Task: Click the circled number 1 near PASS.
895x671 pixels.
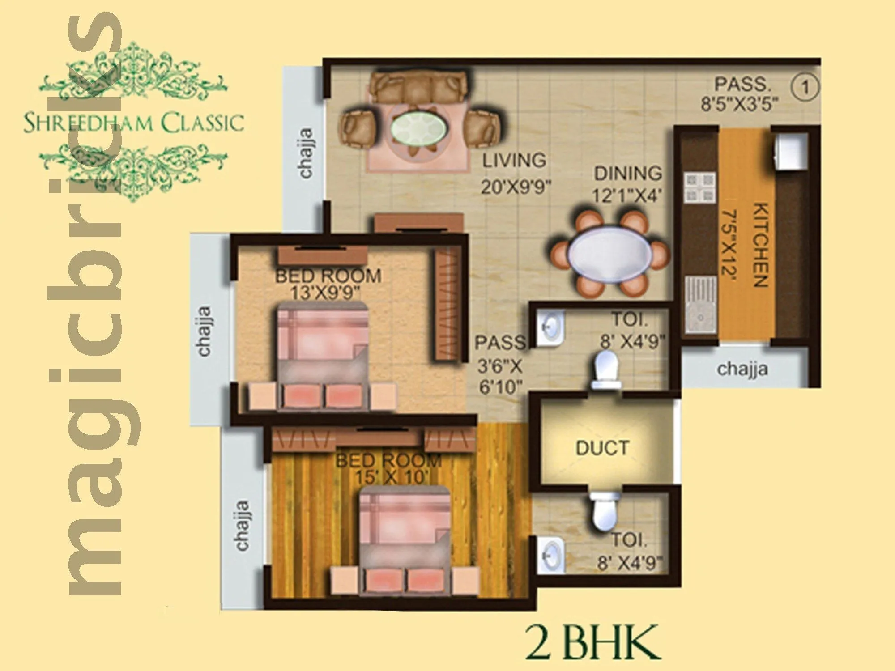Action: tap(805, 87)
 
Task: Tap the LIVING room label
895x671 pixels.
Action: tap(514, 160)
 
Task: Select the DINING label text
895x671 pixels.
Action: tap(627, 173)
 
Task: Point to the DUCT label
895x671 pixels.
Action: tap(602, 448)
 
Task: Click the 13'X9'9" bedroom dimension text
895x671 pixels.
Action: tap(325, 293)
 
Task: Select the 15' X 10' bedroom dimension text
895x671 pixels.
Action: tap(389, 477)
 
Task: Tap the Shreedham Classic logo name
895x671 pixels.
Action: tap(134, 122)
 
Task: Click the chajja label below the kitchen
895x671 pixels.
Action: tap(742, 369)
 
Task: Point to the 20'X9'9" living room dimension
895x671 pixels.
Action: tap(516, 186)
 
